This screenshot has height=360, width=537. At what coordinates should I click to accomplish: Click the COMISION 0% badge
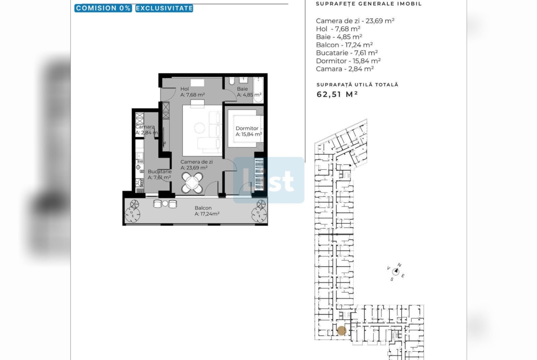click(x=103, y=8)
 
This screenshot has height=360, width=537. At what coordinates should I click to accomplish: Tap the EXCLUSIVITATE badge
click(x=164, y=8)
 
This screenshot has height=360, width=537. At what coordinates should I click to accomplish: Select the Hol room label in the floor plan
click(x=185, y=89)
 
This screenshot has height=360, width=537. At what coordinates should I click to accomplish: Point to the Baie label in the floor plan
click(x=242, y=89)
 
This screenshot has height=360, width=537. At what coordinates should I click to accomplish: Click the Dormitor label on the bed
click(x=247, y=128)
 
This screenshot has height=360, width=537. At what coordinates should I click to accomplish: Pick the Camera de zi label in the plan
click(x=196, y=162)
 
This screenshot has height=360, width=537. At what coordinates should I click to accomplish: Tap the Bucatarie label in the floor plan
click(x=160, y=172)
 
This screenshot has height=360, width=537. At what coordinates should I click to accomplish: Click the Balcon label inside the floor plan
click(x=203, y=208)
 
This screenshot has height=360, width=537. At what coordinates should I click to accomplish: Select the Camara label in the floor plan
click(x=145, y=127)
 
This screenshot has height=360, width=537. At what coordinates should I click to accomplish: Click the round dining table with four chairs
click(x=192, y=183)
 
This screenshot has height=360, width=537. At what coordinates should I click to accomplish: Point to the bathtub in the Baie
click(x=258, y=90)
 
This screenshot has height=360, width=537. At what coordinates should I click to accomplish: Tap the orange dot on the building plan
click(x=341, y=331)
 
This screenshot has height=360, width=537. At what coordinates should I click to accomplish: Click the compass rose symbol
click(x=396, y=271)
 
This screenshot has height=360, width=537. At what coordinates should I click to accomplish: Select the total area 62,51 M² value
click(x=337, y=94)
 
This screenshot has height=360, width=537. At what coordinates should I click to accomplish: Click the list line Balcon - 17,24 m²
click(x=344, y=45)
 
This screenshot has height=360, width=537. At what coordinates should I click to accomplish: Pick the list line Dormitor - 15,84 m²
click(x=348, y=61)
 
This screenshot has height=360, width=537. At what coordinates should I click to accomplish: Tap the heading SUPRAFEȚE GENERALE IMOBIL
click(x=369, y=4)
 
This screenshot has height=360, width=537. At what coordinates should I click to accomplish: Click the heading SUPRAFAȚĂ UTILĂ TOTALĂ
click(x=358, y=84)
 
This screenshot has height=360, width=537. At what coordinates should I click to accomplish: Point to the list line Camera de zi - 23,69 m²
click(x=355, y=21)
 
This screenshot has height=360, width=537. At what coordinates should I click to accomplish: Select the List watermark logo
click(x=269, y=180)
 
